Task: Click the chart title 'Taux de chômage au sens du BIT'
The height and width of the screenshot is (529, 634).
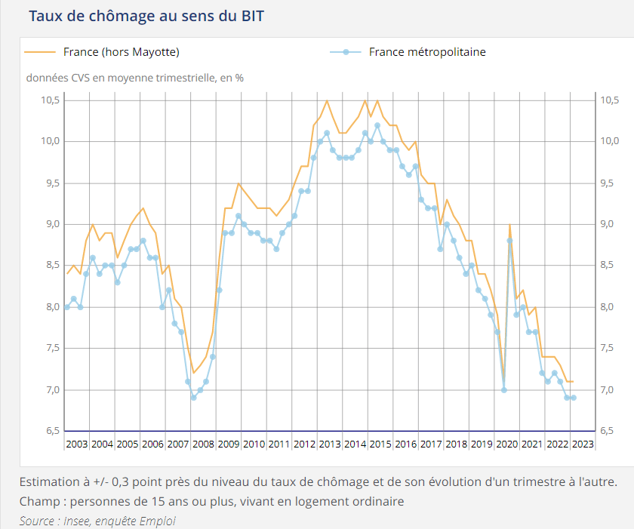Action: pos(146,15)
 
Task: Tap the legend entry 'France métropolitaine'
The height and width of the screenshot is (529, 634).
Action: pos(427,52)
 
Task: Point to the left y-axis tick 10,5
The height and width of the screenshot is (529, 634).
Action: pos(51,100)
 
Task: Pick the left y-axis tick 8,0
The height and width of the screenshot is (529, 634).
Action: pos(51,306)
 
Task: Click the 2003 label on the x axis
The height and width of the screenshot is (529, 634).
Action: pos(77,443)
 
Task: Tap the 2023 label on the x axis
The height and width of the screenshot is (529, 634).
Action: pos(583,443)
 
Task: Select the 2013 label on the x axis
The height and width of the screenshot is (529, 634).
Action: pos(330,443)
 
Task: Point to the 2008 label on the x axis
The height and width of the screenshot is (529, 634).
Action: pos(203,443)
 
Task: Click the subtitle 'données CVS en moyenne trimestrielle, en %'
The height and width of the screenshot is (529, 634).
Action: pos(135,77)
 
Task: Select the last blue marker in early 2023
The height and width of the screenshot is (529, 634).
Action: pos(574,398)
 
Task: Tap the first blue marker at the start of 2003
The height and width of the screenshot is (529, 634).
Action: pos(67,307)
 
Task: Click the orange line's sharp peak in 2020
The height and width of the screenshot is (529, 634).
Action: pos(510,225)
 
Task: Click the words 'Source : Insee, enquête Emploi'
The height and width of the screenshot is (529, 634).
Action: pos(99,520)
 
